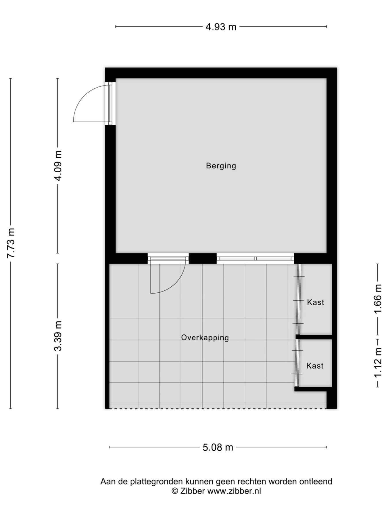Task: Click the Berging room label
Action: coord(221,166)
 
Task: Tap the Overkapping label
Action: coord(205,337)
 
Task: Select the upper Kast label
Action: coord(316,302)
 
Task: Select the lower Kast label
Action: coord(315,366)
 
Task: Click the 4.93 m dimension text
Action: coord(221,27)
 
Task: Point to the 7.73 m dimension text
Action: coord(11,243)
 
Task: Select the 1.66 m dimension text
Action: coord(378,299)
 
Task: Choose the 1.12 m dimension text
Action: coord(378,363)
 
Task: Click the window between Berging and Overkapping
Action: coord(256,258)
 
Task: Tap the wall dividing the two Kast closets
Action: coord(314,337)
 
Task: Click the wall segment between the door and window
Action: coord(203,258)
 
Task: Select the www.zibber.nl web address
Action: coord(234,491)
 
